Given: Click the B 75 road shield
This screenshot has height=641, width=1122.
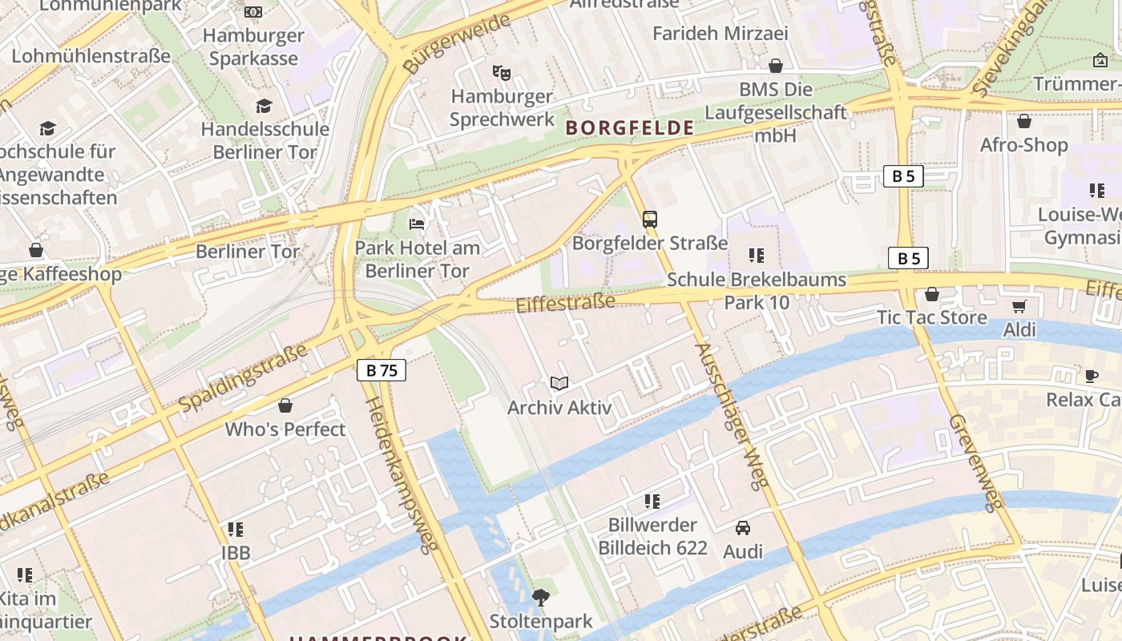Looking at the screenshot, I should (x=381, y=370).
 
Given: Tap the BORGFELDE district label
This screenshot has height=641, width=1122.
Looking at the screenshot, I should (x=630, y=127).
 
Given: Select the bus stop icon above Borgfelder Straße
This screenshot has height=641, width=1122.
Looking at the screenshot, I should (x=650, y=219).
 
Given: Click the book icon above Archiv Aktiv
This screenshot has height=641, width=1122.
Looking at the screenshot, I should (x=559, y=384).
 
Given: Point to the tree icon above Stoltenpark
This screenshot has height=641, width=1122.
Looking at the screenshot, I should (x=541, y=597).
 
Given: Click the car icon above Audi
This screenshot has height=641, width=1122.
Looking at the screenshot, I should (x=743, y=528).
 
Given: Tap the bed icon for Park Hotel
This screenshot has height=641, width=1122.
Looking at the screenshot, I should (x=417, y=224).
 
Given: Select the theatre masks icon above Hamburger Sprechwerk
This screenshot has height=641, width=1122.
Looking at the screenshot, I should (x=502, y=73).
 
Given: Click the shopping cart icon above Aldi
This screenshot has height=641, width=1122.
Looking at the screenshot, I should (x=1019, y=306).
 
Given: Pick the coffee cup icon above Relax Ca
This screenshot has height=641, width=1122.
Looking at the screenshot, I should (x=1091, y=376).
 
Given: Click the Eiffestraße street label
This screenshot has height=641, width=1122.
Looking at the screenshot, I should (x=565, y=304).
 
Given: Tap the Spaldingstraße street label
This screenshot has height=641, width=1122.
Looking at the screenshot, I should (x=243, y=377).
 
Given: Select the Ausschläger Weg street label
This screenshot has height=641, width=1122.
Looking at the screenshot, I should (x=733, y=415).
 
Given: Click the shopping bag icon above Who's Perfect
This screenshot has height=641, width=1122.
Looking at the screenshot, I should (x=285, y=405).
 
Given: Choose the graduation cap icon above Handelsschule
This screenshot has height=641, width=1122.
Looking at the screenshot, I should (x=264, y=106).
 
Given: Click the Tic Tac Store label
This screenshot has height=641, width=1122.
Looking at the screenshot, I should (x=932, y=317).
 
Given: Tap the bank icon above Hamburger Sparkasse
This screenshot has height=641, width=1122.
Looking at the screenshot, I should (x=253, y=12).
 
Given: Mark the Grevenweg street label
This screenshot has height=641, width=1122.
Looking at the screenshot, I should (x=975, y=462).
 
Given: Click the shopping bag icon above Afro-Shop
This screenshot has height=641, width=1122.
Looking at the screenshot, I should (x=1023, y=122).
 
